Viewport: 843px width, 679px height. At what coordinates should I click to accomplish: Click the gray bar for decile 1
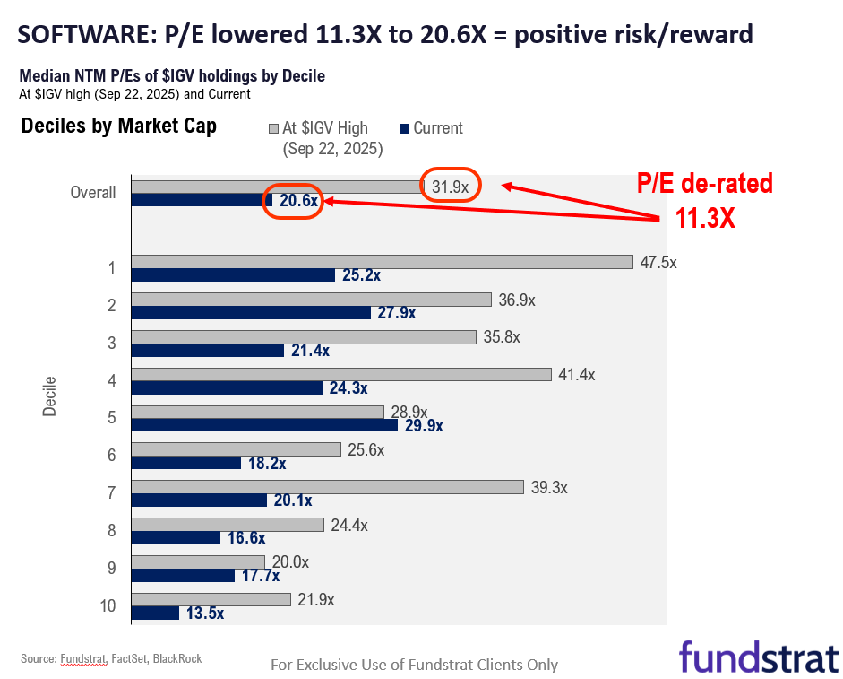point(383,262)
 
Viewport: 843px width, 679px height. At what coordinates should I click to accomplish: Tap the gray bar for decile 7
point(327,487)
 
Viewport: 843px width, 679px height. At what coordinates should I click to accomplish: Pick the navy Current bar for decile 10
point(155,614)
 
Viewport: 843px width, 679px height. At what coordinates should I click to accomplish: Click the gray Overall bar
point(277,187)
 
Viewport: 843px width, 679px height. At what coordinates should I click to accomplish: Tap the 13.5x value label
point(204,614)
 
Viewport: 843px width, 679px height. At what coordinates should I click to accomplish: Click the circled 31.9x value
point(451,187)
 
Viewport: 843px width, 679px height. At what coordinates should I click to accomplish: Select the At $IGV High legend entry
point(324,128)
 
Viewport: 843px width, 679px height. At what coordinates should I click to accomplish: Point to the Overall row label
point(94,192)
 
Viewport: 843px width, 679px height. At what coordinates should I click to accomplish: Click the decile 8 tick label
point(111,530)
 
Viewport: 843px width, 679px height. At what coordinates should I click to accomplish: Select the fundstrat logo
point(758,656)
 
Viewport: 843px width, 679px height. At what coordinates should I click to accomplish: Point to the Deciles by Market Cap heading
point(118,126)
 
